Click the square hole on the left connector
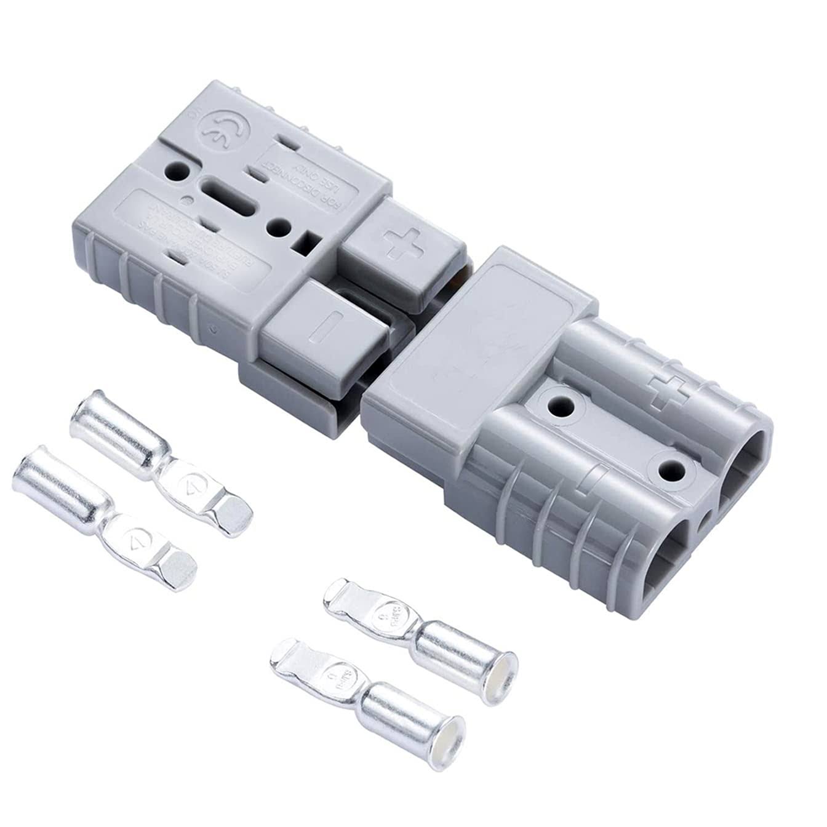(306, 242)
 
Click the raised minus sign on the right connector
(593, 474)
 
